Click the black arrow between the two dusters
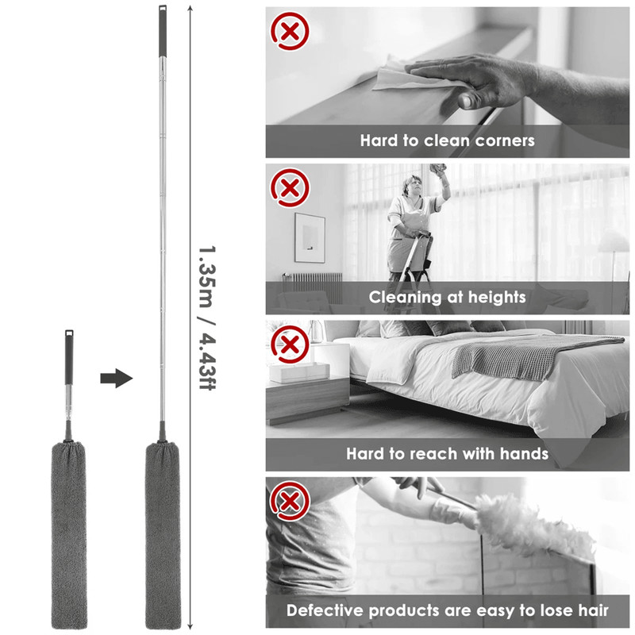[x=116, y=378]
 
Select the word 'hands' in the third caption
[x=521, y=454]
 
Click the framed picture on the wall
[x=310, y=237]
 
